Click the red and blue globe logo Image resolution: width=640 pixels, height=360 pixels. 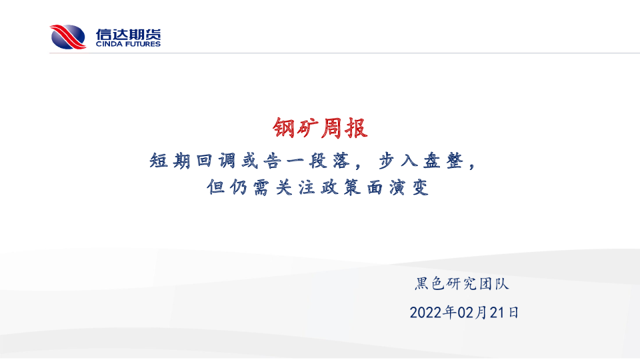[68, 37]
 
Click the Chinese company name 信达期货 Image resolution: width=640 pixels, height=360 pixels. [128, 34]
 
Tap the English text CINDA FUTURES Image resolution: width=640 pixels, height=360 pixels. [128, 44]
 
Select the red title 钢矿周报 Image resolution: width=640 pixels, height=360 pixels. [321, 128]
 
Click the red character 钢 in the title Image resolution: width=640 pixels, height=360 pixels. [284, 128]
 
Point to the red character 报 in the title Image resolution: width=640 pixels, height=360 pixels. [357, 128]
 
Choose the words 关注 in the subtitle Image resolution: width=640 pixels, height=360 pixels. [295, 187]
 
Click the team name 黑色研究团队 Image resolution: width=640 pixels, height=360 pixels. [462, 284]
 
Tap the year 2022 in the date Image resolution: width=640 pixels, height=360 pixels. [427, 313]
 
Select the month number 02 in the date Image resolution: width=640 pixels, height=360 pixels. [466, 313]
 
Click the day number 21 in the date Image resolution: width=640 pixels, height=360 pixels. [497, 313]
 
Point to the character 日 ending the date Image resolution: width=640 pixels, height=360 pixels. [513, 313]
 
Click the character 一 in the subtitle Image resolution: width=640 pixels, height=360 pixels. [295, 161]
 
